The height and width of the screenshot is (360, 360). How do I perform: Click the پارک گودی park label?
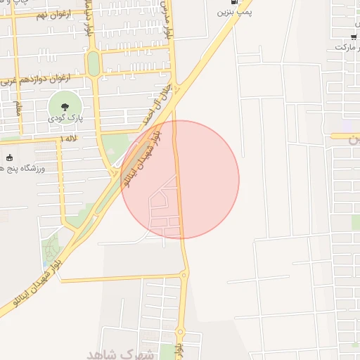click(65, 119)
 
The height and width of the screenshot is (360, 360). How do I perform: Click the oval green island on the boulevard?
click(93, 64)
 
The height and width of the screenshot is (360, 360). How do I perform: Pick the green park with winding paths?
click(51, 250)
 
